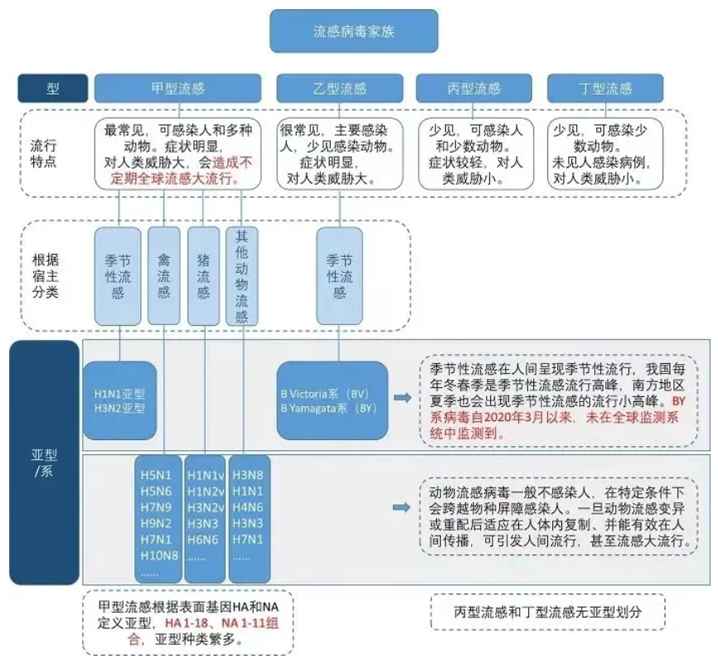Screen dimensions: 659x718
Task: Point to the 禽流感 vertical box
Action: pyautogui.click(x=163, y=275)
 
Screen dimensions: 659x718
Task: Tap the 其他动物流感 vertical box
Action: pyautogui.click(x=241, y=275)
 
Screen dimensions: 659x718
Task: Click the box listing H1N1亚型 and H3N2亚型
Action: pyautogui.click(x=119, y=400)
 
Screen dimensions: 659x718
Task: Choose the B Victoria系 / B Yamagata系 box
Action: pyautogui.click(x=332, y=400)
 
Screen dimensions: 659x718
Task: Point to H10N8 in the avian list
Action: pyautogui.click(x=159, y=555)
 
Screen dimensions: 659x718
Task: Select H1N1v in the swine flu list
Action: pyautogui.click(x=205, y=475)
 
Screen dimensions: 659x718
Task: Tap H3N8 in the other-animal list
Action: pyautogui.click(x=248, y=475)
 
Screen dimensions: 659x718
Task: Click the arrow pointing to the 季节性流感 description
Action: pyautogui.click(x=402, y=399)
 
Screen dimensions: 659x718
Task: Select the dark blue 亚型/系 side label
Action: pyautogui.click(x=43, y=463)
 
